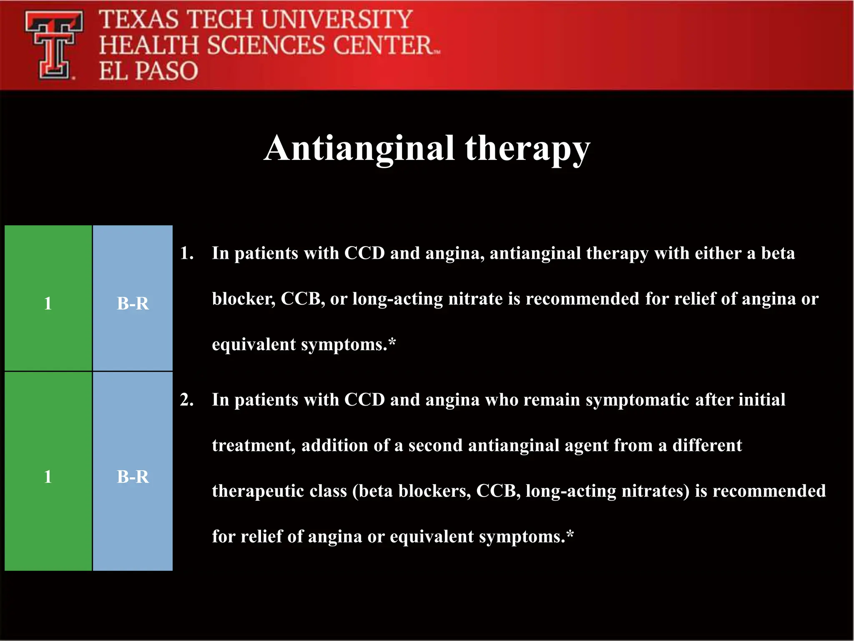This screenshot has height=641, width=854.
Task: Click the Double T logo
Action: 53,45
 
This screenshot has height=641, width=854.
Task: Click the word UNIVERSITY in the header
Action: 337,20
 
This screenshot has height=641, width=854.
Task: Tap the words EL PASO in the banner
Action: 148,71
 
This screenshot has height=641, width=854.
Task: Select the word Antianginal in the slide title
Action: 359,148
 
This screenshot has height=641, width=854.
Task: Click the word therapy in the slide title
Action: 527,149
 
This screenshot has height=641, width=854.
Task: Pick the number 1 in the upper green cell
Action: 48,303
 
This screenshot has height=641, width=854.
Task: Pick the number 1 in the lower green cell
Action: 48,477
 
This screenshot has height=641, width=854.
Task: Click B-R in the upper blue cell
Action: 133,303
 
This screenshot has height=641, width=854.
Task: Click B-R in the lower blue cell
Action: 133,477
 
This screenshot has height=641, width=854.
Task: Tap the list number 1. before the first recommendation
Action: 187,253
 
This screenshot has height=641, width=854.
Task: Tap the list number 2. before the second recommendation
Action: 187,400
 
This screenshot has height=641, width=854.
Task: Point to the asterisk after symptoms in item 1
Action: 392,343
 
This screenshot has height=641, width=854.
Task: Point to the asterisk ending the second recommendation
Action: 570,535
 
